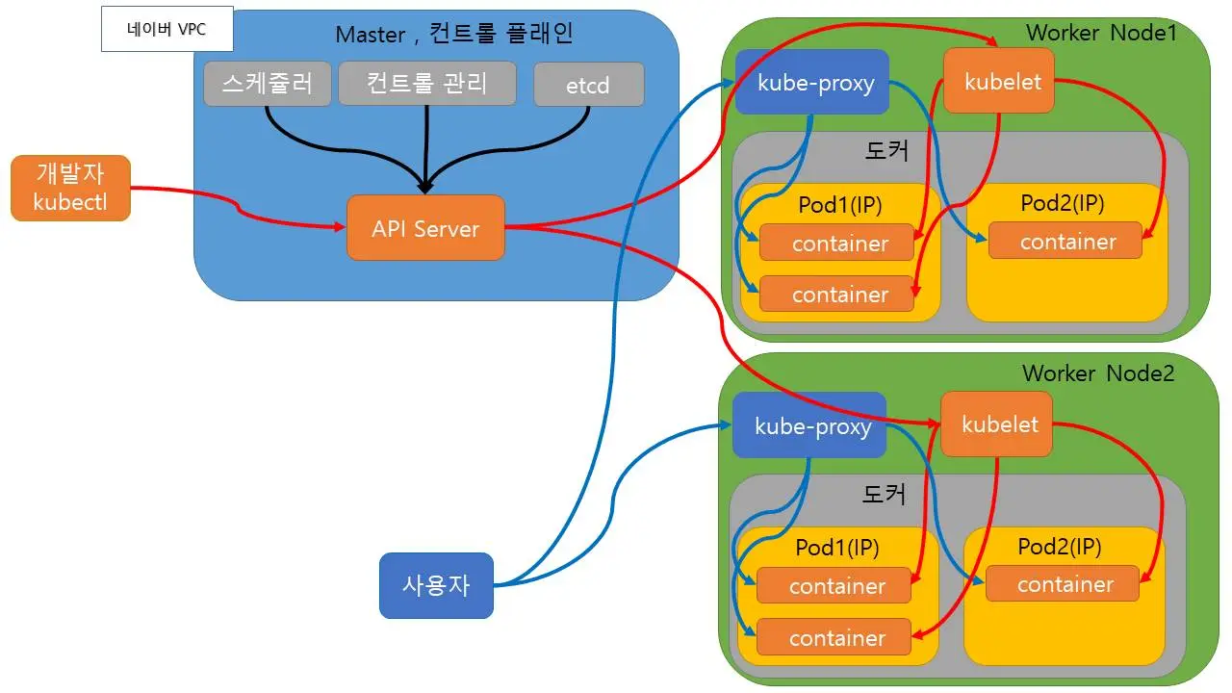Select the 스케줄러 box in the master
(x=267, y=84)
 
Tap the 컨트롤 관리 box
(x=427, y=84)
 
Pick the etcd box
(x=588, y=85)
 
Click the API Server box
(x=425, y=228)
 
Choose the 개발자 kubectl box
(x=70, y=189)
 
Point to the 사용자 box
(x=436, y=585)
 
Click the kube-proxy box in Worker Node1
(x=811, y=82)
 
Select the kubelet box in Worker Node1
(x=999, y=81)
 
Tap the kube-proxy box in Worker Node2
(x=808, y=425)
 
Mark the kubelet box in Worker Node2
(x=996, y=424)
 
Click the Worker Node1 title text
(x=1101, y=32)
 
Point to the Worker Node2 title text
(x=1098, y=372)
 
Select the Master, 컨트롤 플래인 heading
(x=454, y=35)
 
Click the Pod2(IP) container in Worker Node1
(x=1065, y=242)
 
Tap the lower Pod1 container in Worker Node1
(x=836, y=294)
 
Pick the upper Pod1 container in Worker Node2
(x=834, y=586)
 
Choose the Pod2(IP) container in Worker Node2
(x=1063, y=584)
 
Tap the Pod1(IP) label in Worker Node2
(x=837, y=548)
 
